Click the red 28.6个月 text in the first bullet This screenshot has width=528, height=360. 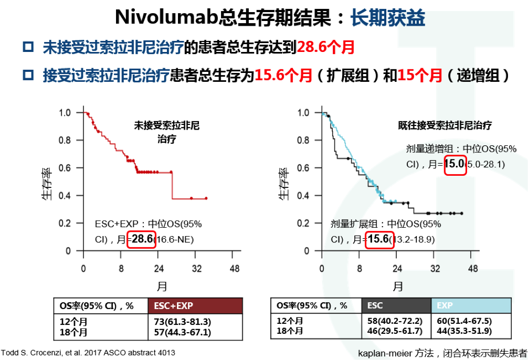[x=326, y=48]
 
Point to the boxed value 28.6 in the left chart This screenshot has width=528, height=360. [x=142, y=239]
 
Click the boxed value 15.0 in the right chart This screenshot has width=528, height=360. [x=455, y=164]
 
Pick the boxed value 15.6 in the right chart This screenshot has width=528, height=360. [x=377, y=239]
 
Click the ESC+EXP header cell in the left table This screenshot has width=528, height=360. [x=196, y=306]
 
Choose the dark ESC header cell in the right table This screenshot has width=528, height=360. [x=396, y=305]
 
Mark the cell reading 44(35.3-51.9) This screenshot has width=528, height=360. [x=463, y=331]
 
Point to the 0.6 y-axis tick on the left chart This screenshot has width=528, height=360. [x=65, y=168]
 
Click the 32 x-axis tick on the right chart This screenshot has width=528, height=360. [x=435, y=269]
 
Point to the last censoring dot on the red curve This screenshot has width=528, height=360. [x=206, y=198]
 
